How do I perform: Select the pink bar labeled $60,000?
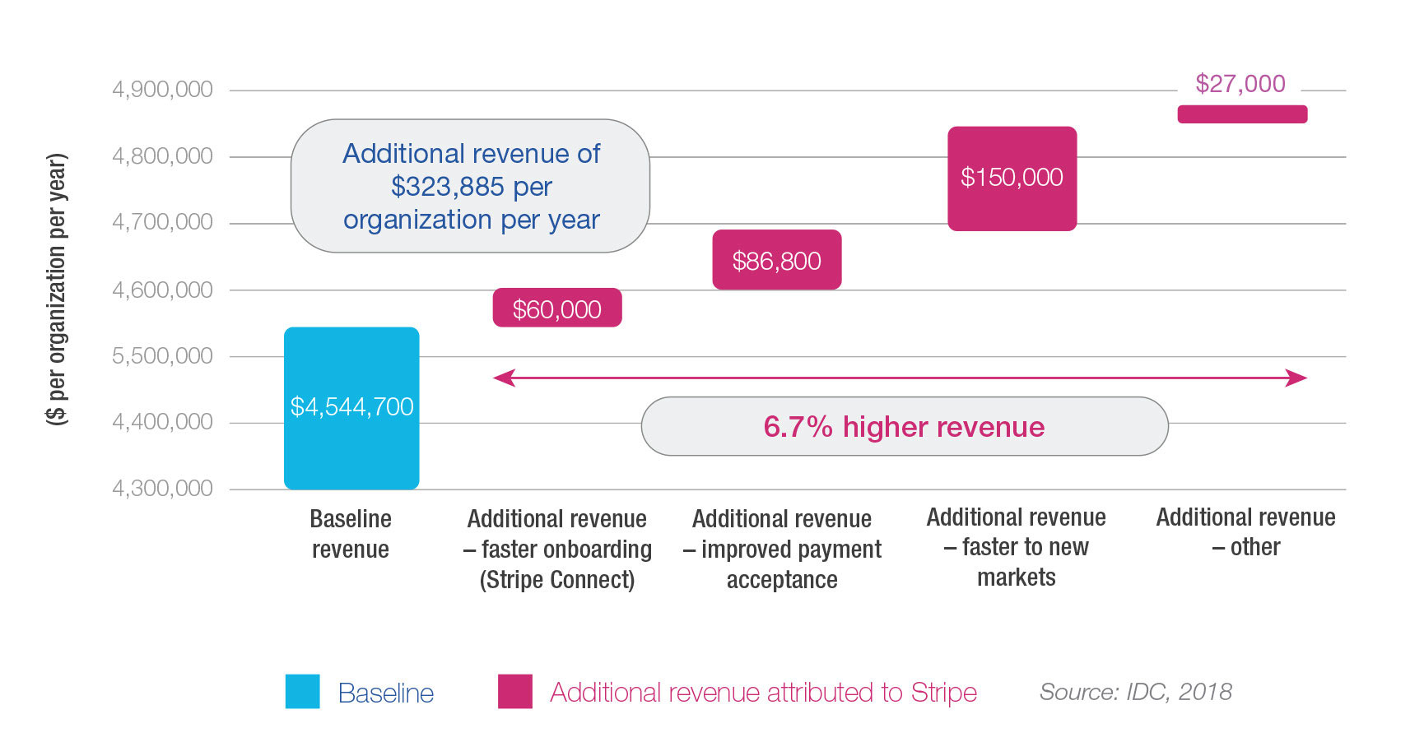pos(557,308)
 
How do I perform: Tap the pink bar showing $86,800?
pos(776,260)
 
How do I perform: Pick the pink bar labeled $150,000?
pos(1012,178)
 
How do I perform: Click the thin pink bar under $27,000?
pos(1241,114)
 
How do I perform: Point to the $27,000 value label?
pos(1240,84)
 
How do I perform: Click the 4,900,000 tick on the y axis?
pos(162,90)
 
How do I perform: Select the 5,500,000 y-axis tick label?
pos(162,356)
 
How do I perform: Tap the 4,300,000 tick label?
pos(162,489)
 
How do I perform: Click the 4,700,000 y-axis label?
pos(162,222)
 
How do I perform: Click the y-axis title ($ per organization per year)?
pos(56,289)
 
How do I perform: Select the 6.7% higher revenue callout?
pos(904,427)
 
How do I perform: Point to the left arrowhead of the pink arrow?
pos(502,378)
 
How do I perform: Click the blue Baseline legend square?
pos(302,692)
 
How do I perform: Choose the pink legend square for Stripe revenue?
pos(514,692)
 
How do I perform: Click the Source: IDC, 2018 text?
pos(1135,692)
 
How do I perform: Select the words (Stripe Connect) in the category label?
pos(557,580)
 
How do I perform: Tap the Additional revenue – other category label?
pos(1245,532)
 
